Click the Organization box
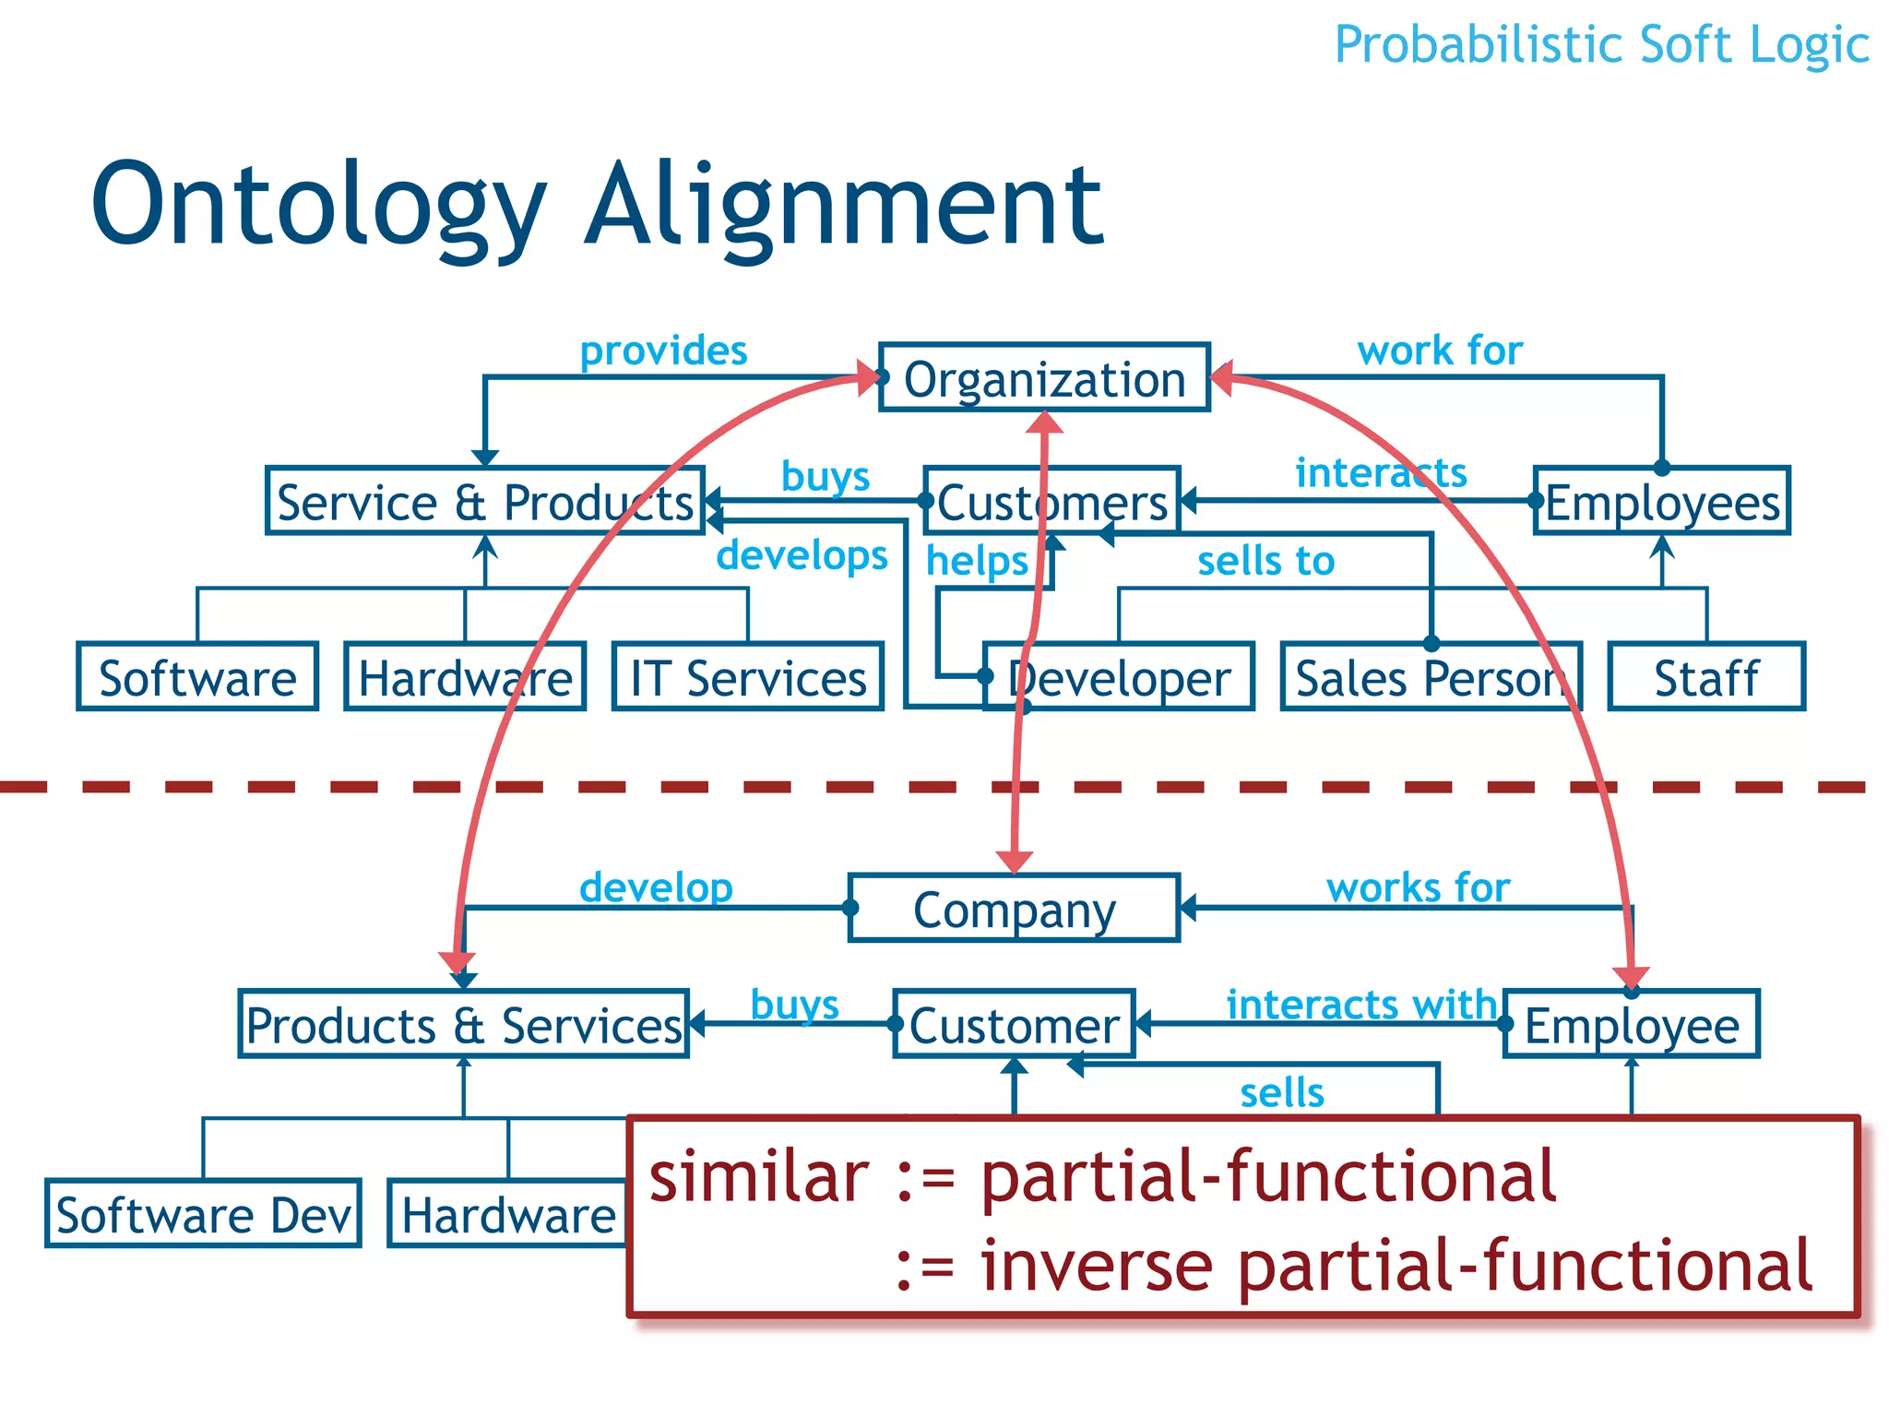pos(1044,378)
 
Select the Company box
pos(1014,909)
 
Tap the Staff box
pos(1706,677)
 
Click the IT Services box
pos(748,677)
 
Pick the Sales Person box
pos(1431,677)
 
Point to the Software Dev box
pos(203,1214)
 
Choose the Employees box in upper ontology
pos(1662,502)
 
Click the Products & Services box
pos(464,1025)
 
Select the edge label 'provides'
pos(663,351)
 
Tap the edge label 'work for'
pos(1439,351)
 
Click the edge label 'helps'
pos(976,560)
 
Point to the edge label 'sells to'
pos(1265,560)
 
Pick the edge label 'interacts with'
pos(1360,1004)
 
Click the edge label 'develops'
pos(802,554)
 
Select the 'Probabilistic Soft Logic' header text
pos(1601,44)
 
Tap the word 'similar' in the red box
pos(758,1177)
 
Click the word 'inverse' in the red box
pos(1096,1266)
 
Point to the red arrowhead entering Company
pos(1015,862)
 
